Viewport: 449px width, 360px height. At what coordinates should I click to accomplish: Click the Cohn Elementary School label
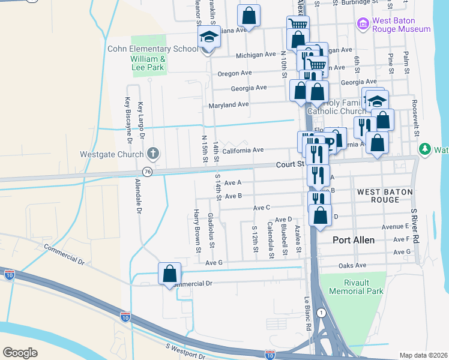152,49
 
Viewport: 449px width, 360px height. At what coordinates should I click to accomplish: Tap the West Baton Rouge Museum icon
363,23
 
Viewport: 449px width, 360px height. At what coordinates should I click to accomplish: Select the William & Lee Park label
148,63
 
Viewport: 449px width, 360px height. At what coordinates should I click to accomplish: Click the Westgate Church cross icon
153,154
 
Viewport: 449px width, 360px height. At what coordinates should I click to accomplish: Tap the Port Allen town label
354,240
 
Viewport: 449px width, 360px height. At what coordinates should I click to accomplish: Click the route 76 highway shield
148,172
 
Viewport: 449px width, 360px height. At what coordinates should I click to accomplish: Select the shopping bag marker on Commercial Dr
170,274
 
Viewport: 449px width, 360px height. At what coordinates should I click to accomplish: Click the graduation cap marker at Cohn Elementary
209,38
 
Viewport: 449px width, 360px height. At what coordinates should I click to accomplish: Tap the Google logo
20,352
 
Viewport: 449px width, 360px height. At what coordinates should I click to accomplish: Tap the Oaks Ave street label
352,265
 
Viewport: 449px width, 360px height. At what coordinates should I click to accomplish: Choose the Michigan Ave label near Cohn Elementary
256,55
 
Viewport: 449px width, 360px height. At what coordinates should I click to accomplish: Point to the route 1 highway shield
322,313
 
